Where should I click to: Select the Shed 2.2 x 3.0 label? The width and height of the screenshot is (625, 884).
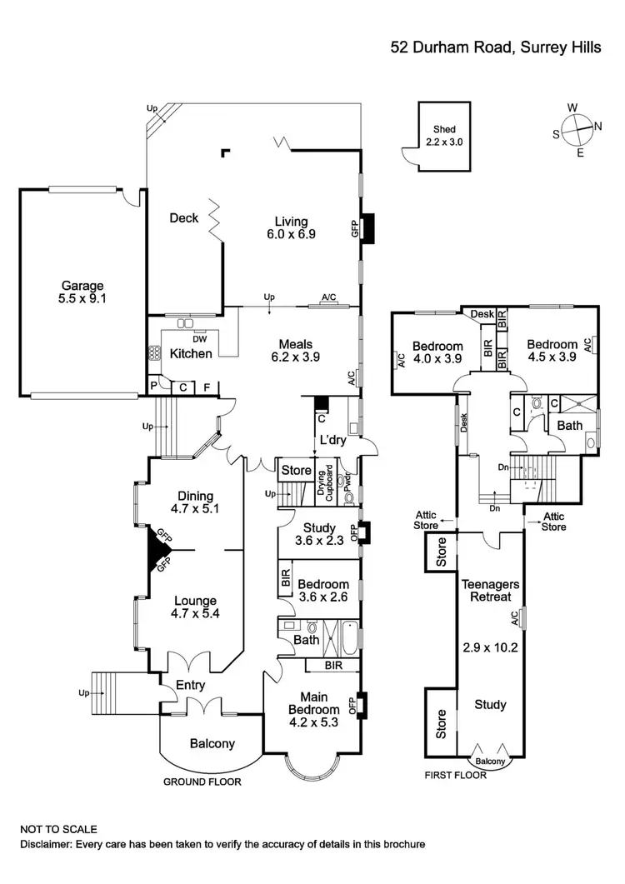point(443,136)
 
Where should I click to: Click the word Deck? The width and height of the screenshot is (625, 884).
point(184,218)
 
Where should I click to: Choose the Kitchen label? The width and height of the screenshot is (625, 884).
point(191,353)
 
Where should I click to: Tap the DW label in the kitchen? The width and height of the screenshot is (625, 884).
point(199,339)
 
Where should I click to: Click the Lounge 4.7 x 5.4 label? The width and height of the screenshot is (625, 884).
point(196,607)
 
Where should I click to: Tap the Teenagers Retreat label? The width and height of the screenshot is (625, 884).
point(491,591)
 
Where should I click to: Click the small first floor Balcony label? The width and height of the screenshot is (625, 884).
point(489,761)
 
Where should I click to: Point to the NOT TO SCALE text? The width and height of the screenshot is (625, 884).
point(59,829)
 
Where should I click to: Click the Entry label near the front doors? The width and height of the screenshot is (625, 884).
point(190,686)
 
